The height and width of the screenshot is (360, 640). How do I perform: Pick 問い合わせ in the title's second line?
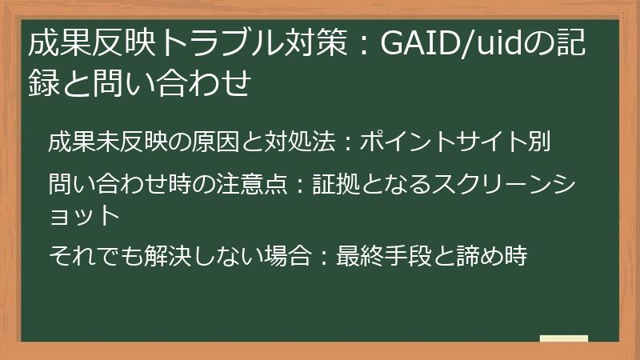pos(163,83)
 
